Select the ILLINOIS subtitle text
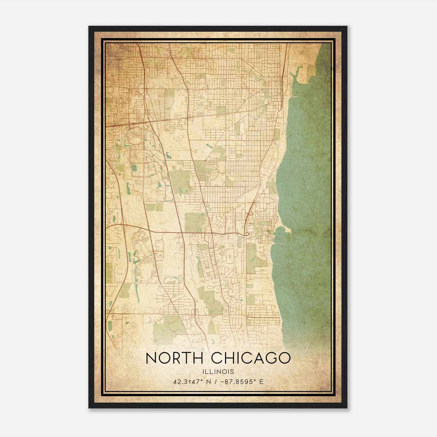218,372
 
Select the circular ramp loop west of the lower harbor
247,234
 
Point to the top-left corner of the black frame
89,26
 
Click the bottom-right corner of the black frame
347,408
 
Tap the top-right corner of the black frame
347,26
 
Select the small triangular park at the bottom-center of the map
212,328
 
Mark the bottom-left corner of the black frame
89,408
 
